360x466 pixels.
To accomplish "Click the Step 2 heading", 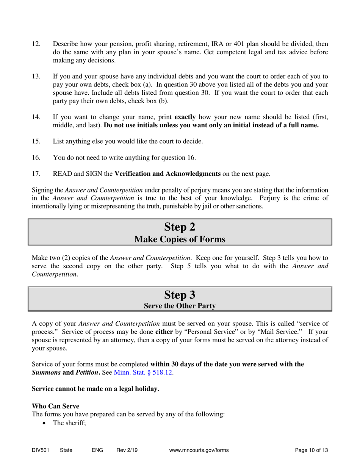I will coord(180,227).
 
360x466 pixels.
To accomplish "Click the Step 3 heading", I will coord(180,294).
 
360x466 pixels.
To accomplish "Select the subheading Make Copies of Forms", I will coord(180,239).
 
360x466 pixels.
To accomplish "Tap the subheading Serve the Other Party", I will coord(180,306).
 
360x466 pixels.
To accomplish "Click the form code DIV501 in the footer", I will coord(40,450).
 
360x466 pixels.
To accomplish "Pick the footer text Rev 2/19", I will coord(127,450).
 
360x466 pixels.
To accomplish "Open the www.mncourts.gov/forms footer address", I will coord(200,450).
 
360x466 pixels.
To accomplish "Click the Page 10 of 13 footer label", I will coord(311,450).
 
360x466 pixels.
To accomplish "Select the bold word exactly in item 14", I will coord(185,117).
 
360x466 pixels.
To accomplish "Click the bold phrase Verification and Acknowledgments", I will coord(167,174).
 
